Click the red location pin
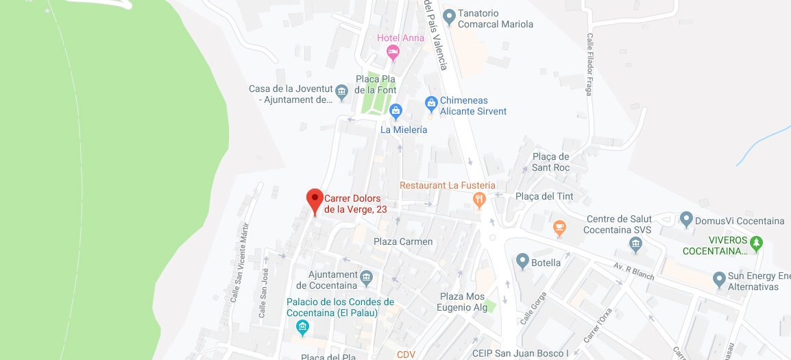pos(315,200)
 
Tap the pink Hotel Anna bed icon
pos(393,51)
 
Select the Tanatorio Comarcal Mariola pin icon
pos(449,16)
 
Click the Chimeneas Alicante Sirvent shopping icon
pos(431,104)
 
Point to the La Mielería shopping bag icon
pos(395,111)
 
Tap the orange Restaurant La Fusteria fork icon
pos(479,200)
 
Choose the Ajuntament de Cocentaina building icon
pos(367,277)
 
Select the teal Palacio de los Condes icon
pos(302,328)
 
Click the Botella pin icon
pos(522,261)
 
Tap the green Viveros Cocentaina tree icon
pos(756,242)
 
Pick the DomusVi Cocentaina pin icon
pos(686,219)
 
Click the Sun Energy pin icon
pos(719,279)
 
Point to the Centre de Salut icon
pos(635,244)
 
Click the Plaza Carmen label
pos(403,241)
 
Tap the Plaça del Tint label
pos(544,196)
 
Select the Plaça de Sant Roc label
pos(550,162)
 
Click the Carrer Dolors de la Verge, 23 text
pos(356,204)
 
